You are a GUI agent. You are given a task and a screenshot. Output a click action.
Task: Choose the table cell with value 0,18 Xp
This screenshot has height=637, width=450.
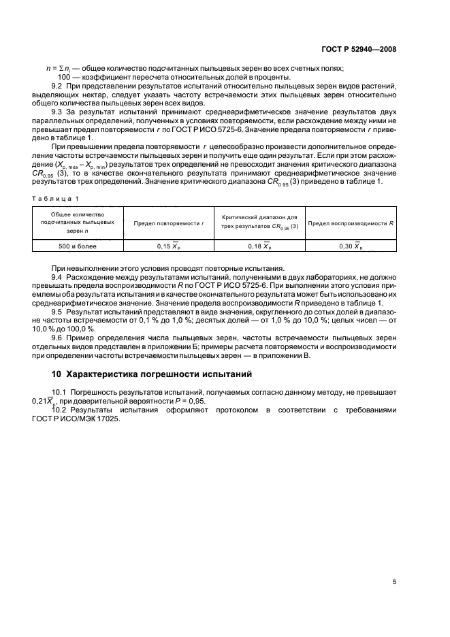coord(260,245)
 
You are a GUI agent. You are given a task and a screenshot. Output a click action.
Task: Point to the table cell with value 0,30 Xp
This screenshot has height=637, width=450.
coord(351,245)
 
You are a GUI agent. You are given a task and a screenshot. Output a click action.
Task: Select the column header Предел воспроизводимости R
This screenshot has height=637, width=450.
coord(351,223)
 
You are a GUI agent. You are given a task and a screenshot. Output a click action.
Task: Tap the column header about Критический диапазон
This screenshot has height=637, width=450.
coord(260,223)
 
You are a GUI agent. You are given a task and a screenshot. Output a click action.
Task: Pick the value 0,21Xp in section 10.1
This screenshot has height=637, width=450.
coord(64,402)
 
